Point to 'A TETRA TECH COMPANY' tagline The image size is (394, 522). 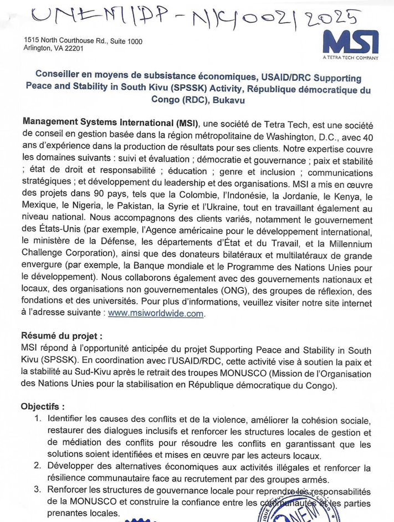click(351, 58)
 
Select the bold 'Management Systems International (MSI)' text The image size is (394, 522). click(109, 122)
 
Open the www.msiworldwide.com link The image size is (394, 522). click(156, 314)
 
